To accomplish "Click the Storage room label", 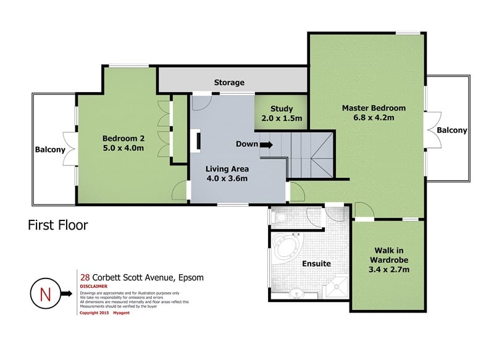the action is tap(229, 83).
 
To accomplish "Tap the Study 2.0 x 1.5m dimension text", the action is tap(282, 118).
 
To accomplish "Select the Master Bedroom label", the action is tap(374, 108).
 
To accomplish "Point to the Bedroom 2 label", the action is tap(123, 138).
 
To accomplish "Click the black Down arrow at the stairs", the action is tap(267, 145).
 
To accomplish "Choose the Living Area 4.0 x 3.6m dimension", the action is tap(227, 178).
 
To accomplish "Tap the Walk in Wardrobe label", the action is tap(389, 255).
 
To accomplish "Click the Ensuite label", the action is tap(316, 264).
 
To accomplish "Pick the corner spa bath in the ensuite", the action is tap(287, 246).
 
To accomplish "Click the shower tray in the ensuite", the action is tap(337, 287).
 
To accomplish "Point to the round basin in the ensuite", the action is tap(296, 293).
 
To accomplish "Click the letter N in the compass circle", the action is tap(45, 295).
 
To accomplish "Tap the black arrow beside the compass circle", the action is tap(67, 293).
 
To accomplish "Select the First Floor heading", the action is tap(58, 225).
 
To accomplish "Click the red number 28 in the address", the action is tap(85, 277).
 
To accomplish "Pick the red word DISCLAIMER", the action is tap(94, 287).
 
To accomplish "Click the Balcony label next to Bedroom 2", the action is tap(50, 149).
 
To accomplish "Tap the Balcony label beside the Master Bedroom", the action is tap(452, 130).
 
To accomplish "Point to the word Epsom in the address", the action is tap(191, 278).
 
